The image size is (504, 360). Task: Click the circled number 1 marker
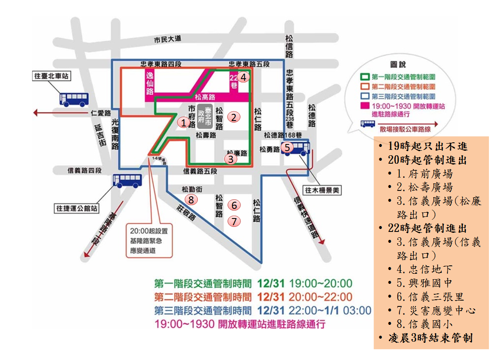(x=183, y=123)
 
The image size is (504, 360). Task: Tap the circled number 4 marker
(x=244, y=77)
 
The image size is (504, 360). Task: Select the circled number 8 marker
(x=191, y=200)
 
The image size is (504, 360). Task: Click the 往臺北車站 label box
(x=51, y=76)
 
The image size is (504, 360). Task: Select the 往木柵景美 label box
(x=322, y=190)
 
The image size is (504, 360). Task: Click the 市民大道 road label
(x=168, y=39)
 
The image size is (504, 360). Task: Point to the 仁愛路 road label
(x=100, y=113)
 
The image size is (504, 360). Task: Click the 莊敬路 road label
(x=187, y=212)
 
